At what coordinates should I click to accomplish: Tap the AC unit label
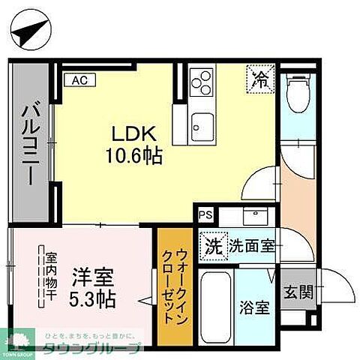[78, 77]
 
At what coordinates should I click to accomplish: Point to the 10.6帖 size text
[133, 157]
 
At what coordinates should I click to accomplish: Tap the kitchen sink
[202, 121]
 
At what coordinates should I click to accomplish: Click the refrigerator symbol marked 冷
[259, 78]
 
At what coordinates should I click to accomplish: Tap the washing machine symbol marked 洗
[214, 244]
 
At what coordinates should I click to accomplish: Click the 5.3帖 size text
[94, 299]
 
